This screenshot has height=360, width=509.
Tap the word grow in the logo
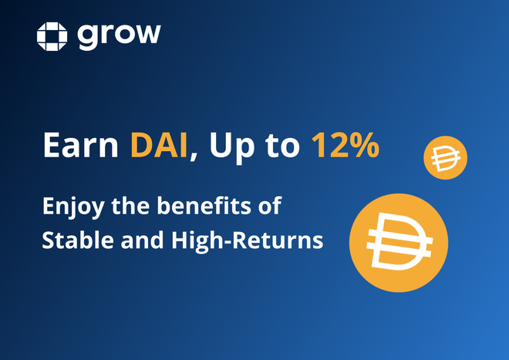tap(119, 35)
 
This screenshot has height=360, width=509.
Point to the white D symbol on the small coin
tap(446, 160)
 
